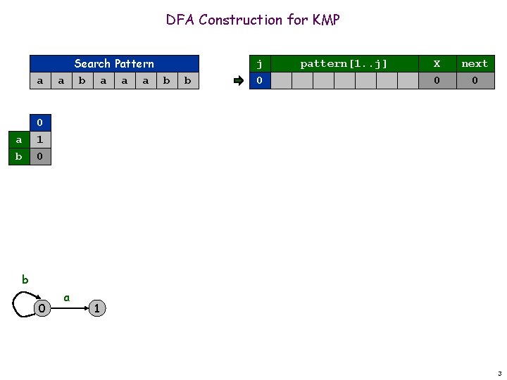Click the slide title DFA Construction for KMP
(253, 20)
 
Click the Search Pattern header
(113, 63)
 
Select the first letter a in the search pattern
(40, 81)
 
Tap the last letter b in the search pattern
(187, 81)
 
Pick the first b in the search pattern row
(82, 81)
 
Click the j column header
(260, 63)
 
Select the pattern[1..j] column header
(344, 63)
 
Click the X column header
(437, 63)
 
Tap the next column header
(474, 63)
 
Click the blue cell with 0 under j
(260, 81)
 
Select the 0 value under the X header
(437, 81)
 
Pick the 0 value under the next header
(474, 81)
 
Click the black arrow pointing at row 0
(238, 81)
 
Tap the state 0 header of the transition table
(40, 123)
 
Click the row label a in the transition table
(18, 139)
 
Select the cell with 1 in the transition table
(40, 139)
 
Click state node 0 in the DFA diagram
(42, 308)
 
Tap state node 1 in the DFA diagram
(97, 308)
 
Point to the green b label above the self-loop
(25, 279)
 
